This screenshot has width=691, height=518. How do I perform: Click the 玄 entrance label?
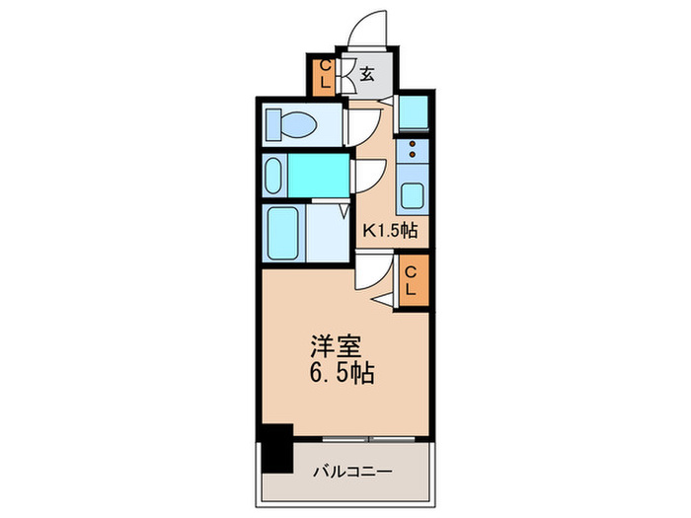365,74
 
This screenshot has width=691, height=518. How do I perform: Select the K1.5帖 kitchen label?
392,231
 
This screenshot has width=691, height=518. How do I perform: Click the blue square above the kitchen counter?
414,111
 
